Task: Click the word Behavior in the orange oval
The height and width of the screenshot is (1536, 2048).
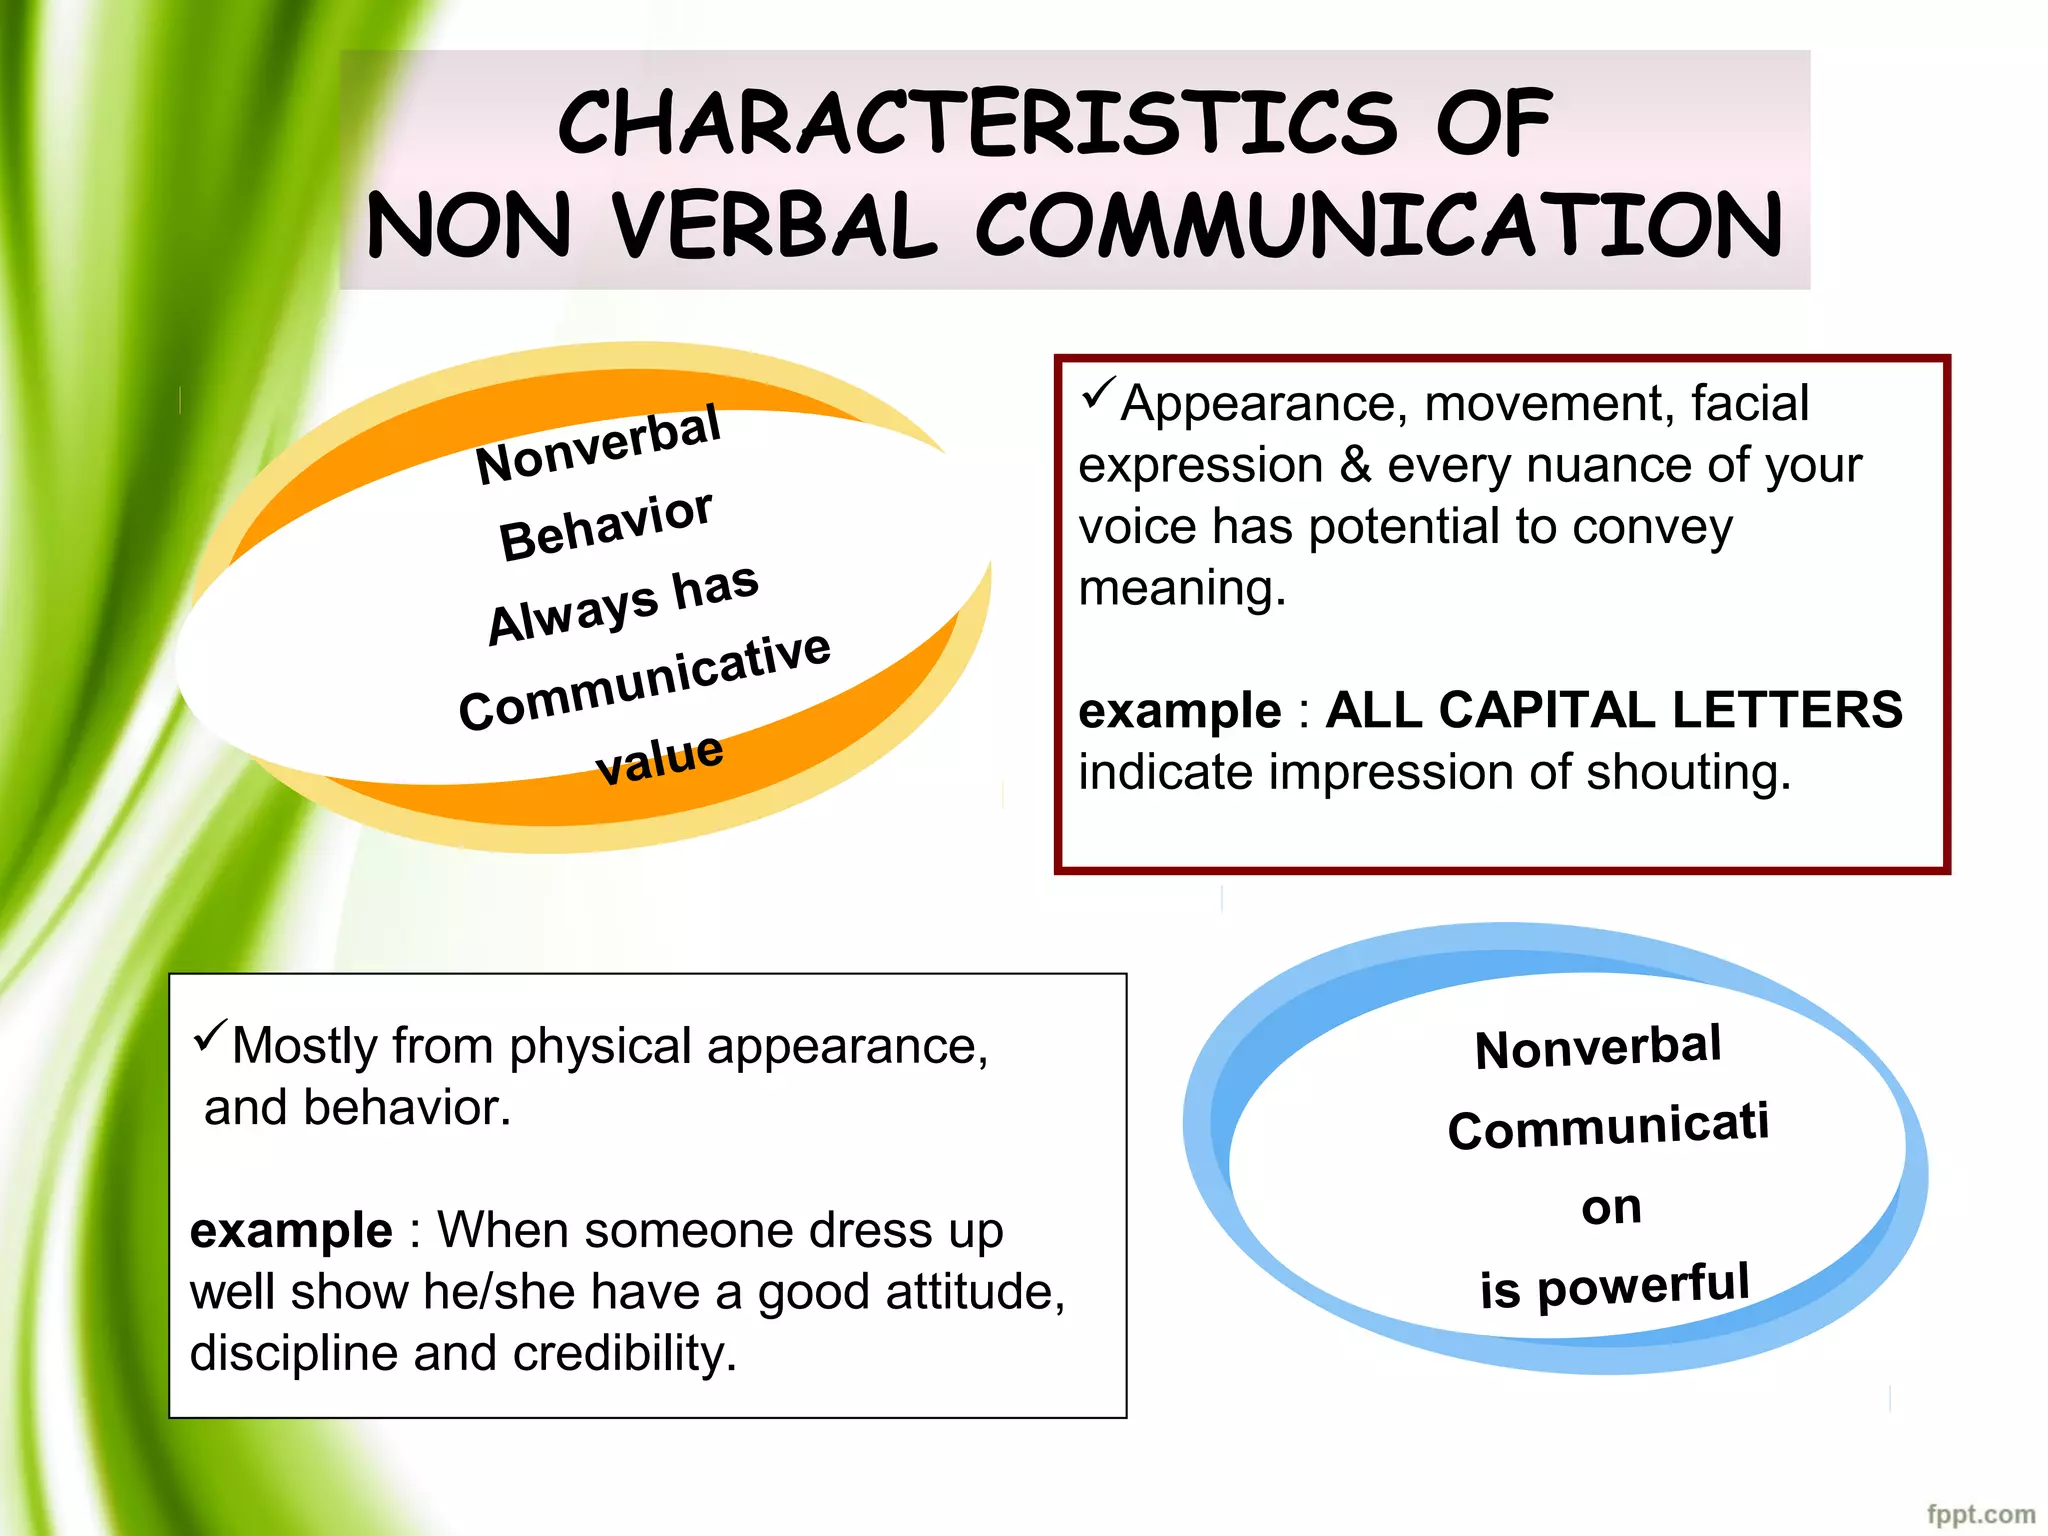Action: click(606, 525)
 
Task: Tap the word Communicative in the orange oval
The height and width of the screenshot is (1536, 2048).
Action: click(645, 681)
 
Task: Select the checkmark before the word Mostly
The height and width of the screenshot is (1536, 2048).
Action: click(210, 1036)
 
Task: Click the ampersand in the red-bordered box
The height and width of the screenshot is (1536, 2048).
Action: click(1355, 465)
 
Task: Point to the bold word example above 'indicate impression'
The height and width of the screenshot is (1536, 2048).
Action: click(1179, 711)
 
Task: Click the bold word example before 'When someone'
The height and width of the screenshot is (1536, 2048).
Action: click(291, 1230)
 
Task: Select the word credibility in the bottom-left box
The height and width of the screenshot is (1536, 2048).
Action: click(625, 1353)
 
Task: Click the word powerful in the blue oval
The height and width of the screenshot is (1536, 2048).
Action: click(1643, 1285)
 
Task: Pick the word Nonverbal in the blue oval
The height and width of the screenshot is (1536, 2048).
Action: click(1598, 1048)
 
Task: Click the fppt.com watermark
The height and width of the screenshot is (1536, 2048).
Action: click(1980, 1514)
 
